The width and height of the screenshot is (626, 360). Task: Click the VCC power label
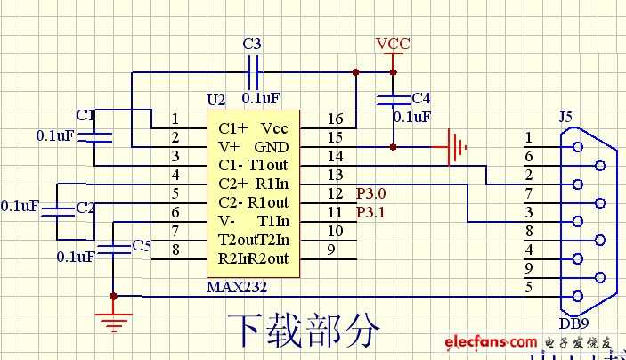pos(392,44)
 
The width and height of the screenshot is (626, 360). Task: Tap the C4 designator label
pos(420,98)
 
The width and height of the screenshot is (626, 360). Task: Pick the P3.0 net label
pos(371,193)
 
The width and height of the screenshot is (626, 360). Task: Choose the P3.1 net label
pos(371,212)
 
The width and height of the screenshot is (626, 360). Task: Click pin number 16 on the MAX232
pos(335,119)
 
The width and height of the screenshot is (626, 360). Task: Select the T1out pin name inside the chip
pos(269,165)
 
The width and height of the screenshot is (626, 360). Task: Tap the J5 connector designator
pos(565,117)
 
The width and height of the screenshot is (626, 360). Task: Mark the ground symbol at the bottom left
pos(113,318)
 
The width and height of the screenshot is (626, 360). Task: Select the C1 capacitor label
pos(85,115)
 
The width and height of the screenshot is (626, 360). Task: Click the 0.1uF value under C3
pos(261,98)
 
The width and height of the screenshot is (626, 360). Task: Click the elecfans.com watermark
pos(490,342)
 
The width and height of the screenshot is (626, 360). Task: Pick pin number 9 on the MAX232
pos(330,250)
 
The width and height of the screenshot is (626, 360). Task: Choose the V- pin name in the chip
pos(228,221)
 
